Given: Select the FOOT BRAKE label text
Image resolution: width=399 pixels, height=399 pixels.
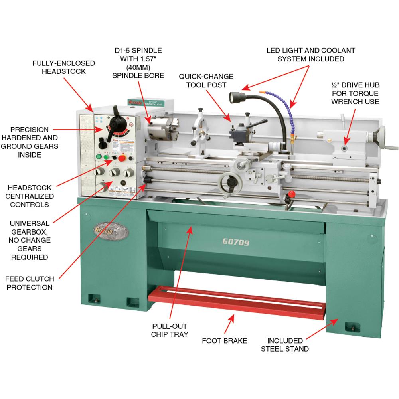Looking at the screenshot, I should pyautogui.click(x=225, y=341).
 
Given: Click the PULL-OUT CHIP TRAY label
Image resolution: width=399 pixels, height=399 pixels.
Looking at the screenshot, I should pyautogui.click(x=170, y=330).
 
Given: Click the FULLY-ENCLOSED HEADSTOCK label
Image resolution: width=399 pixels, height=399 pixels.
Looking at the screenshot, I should pyautogui.click(x=64, y=67).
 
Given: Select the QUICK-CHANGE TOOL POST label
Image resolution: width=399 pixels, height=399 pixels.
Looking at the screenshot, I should pyautogui.click(x=206, y=81).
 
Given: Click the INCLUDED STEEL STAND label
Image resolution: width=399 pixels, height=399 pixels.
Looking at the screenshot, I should pyautogui.click(x=284, y=345).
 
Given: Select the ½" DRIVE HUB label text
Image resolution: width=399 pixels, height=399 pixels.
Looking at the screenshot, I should pyautogui.click(x=354, y=93).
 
